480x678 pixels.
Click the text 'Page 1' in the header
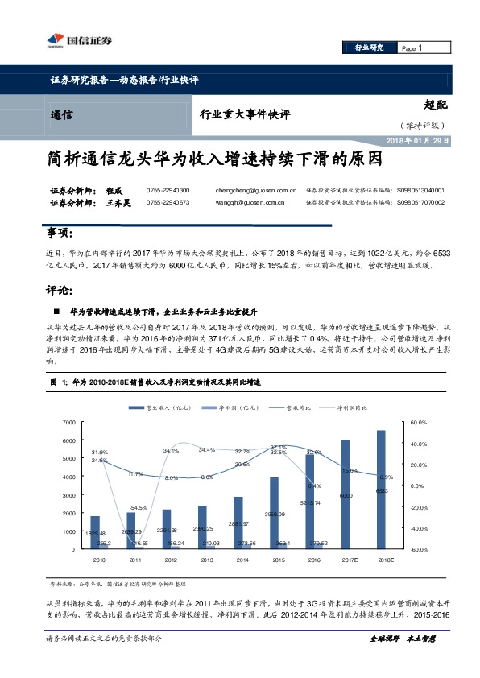point(411,49)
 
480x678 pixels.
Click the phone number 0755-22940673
point(168,203)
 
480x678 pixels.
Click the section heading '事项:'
point(60,234)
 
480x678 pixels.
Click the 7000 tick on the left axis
point(68,422)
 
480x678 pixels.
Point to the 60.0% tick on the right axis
point(419,422)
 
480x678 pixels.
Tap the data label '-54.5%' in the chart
point(139,507)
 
